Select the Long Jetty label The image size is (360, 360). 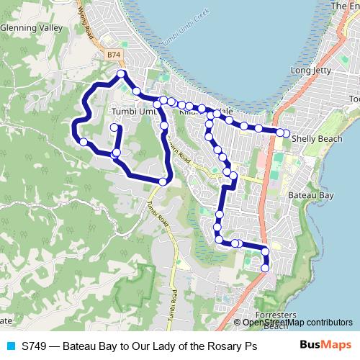click(310, 71)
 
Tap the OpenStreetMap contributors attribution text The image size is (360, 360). click(297, 322)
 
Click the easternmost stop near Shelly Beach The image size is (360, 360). click(286, 132)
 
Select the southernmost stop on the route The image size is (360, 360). click(265, 268)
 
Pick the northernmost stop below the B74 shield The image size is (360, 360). click(121, 74)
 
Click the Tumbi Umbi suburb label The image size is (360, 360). click(134, 112)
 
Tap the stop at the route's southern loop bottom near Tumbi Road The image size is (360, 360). click(163, 181)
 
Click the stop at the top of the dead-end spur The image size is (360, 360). click(114, 127)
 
